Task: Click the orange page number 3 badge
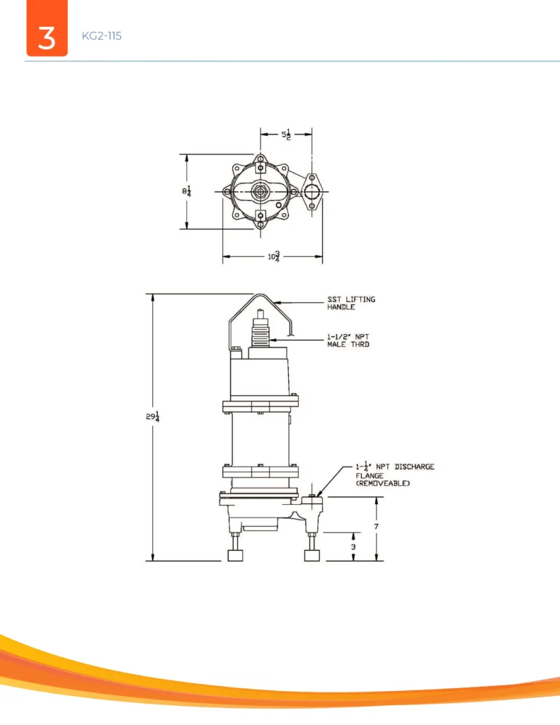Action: (x=47, y=28)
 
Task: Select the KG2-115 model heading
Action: (x=102, y=36)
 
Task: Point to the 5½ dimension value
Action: (x=286, y=135)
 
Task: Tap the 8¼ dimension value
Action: (x=186, y=190)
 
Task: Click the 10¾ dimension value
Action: (x=274, y=256)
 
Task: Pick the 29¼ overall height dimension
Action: (x=153, y=416)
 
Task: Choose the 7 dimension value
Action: (x=377, y=527)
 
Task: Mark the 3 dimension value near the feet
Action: (x=354, y=547)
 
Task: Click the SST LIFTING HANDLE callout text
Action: (x=351, y=303)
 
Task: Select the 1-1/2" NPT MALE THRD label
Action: (x=348, y=341)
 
